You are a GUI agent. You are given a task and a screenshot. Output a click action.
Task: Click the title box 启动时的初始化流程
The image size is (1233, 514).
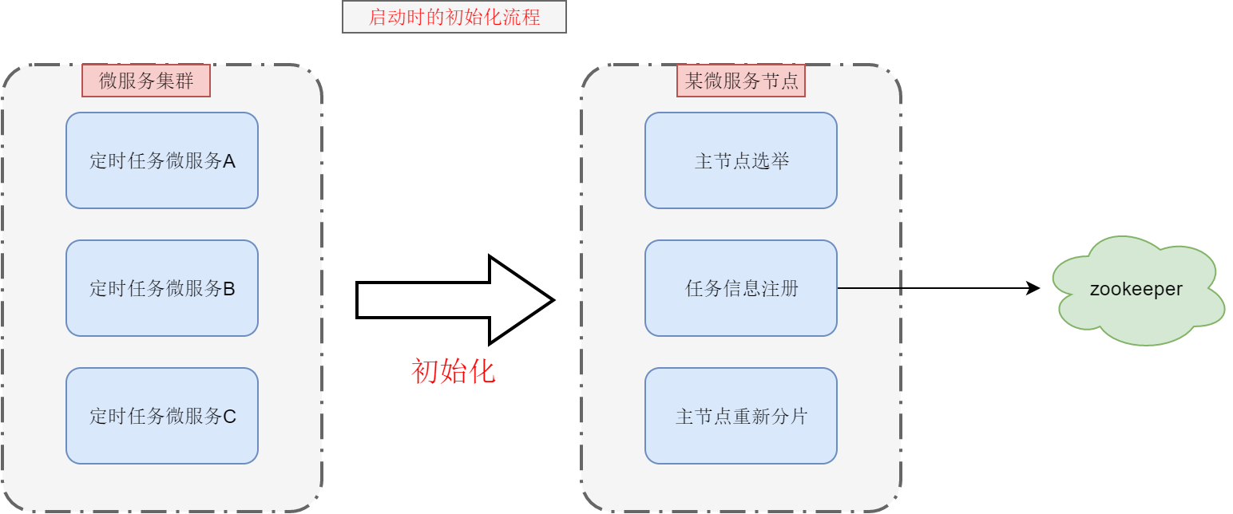coord(454,17)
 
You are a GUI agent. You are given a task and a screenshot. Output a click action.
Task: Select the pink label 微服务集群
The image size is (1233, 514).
coord(146,81)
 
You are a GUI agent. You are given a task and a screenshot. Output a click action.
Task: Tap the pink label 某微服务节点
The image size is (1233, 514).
coord(741,81)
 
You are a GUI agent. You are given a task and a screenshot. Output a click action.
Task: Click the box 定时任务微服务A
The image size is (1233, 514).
coord(162,160)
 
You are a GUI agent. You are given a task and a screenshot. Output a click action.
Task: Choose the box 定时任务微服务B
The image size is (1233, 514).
coord(162,288)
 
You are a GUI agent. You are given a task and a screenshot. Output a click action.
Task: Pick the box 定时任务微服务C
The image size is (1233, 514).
coord(162,416)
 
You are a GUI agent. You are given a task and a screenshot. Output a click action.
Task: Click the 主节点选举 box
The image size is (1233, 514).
coord(741,160)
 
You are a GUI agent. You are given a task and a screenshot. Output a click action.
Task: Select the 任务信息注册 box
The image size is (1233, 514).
coord(741,288)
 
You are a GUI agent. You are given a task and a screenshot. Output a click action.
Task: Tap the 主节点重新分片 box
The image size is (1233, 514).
coord(741,416)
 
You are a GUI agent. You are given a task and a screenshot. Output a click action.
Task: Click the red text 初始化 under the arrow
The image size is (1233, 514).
coord(454,371)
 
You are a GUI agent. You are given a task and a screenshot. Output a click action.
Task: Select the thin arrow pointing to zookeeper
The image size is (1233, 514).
coord(934,288)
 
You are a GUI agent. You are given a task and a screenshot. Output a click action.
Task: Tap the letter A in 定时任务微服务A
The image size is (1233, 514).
coord(229,161)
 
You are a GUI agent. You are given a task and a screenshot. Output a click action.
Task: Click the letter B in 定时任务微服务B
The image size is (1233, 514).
coord(229,289)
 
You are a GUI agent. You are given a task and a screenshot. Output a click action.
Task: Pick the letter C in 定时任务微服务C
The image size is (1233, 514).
coord(229,417)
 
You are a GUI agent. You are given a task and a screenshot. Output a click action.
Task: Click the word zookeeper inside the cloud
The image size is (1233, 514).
coord(1136,289)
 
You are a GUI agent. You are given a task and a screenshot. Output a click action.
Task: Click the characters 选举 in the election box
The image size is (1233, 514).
coord(771,161)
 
